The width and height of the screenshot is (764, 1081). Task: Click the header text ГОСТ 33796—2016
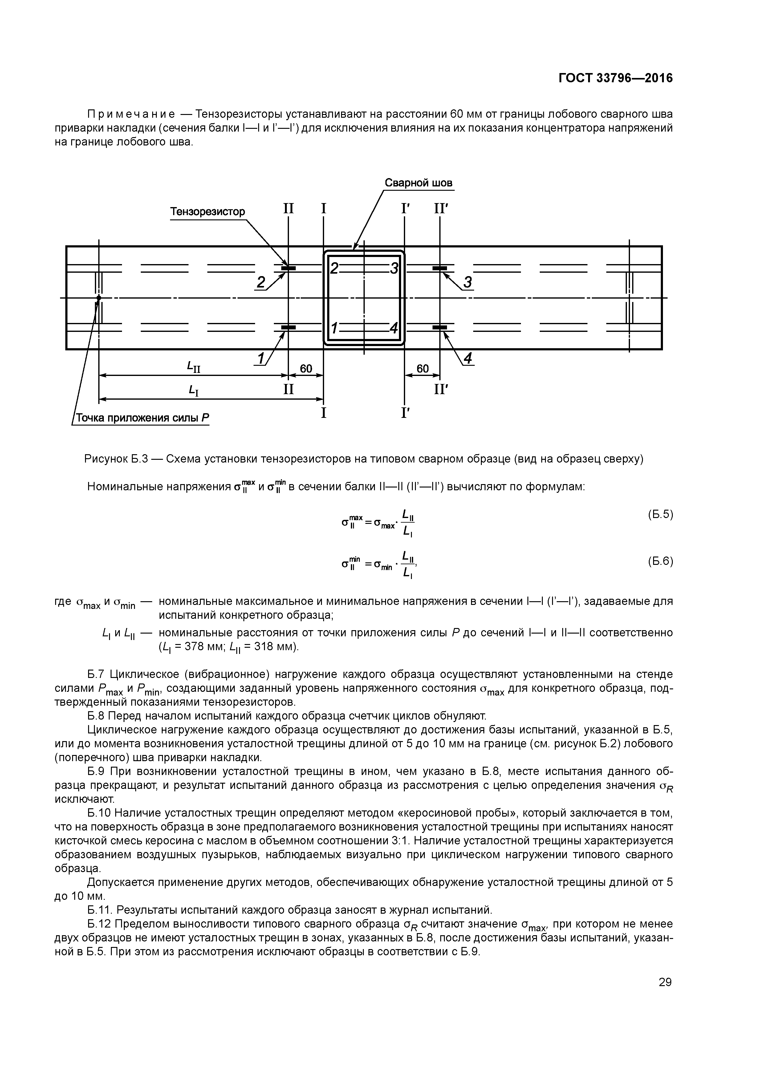pyautogui.click(x=615, y=78)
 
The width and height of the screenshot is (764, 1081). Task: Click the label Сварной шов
pyautogui.click(x=418, y=183)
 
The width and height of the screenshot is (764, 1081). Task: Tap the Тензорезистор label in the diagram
pyautogui.click(x=208, y=211)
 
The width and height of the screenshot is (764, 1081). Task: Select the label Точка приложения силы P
pyautogui.click(x=142, y=418)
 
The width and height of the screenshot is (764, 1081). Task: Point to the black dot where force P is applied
pyautogui.click(x=99, y=298)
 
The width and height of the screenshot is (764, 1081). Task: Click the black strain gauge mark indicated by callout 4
pyautogui.click(x=439, y=327)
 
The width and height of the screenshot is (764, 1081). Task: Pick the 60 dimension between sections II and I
pyautogui.click(x=306, y=368)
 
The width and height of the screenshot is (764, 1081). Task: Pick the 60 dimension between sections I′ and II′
pyautogui.click(x=422, y=368)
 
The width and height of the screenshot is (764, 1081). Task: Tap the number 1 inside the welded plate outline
pyautogui.click(x=334, y=328)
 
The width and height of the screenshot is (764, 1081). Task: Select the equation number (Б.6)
pyautogui.click(x=660, y=561)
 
